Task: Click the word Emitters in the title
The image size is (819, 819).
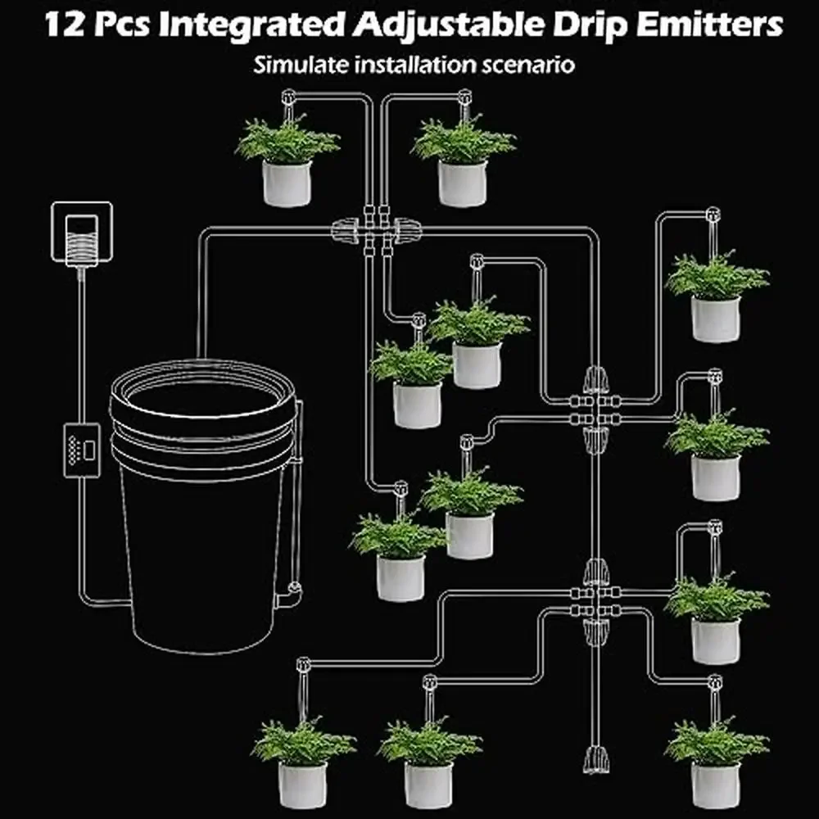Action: click(709, 24)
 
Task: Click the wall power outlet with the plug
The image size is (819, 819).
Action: click(82, 233)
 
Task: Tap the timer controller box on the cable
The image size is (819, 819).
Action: click(81, 450)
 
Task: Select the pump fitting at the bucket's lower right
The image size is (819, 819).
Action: click(290, 595)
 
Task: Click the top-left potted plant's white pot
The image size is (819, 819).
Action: click(287, 183)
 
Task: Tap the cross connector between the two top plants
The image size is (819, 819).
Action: click(377, 230)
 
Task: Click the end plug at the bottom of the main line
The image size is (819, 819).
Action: click(596, 760)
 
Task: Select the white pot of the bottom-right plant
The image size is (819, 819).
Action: click(716, 785)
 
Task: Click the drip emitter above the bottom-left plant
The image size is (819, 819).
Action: click(303, 665)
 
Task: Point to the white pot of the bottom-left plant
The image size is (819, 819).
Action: click(303, 785)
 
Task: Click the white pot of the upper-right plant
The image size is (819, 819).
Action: click(716, 319)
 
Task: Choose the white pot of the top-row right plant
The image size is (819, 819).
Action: click(463, 183)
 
